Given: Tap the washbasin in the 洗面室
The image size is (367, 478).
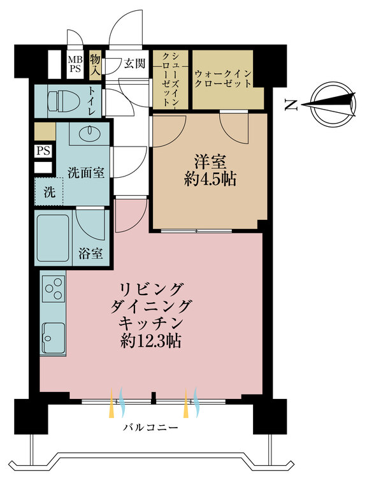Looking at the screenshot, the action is point(89,131).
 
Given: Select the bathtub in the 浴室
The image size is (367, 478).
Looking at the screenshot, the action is point(53,238).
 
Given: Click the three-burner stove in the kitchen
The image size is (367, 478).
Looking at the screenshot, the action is point(54,288).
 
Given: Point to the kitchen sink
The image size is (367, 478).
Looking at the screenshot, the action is point(54,337).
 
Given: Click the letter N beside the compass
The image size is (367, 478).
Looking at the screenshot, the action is point(291,105).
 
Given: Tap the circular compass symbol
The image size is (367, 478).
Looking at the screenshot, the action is point(333,104).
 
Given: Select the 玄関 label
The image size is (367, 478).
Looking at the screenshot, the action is point(134,63).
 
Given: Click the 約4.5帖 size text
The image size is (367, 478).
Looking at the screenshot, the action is point(210,180).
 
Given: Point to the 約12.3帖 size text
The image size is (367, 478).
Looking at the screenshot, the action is point(150,340).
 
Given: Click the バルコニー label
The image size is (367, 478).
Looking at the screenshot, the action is point(150,428).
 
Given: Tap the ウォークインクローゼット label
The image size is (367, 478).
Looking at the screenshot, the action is point(223,78).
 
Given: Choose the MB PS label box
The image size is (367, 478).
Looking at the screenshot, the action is point(75,63).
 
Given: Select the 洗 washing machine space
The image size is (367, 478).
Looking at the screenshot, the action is point(49,192).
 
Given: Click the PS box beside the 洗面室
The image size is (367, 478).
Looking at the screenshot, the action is point(43,151).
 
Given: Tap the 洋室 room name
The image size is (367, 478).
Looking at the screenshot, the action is point(210,162).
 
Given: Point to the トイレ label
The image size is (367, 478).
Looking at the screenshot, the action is point(93,101).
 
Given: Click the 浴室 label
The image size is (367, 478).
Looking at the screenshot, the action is point(90,253).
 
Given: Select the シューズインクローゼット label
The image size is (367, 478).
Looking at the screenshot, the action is point(170,78).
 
